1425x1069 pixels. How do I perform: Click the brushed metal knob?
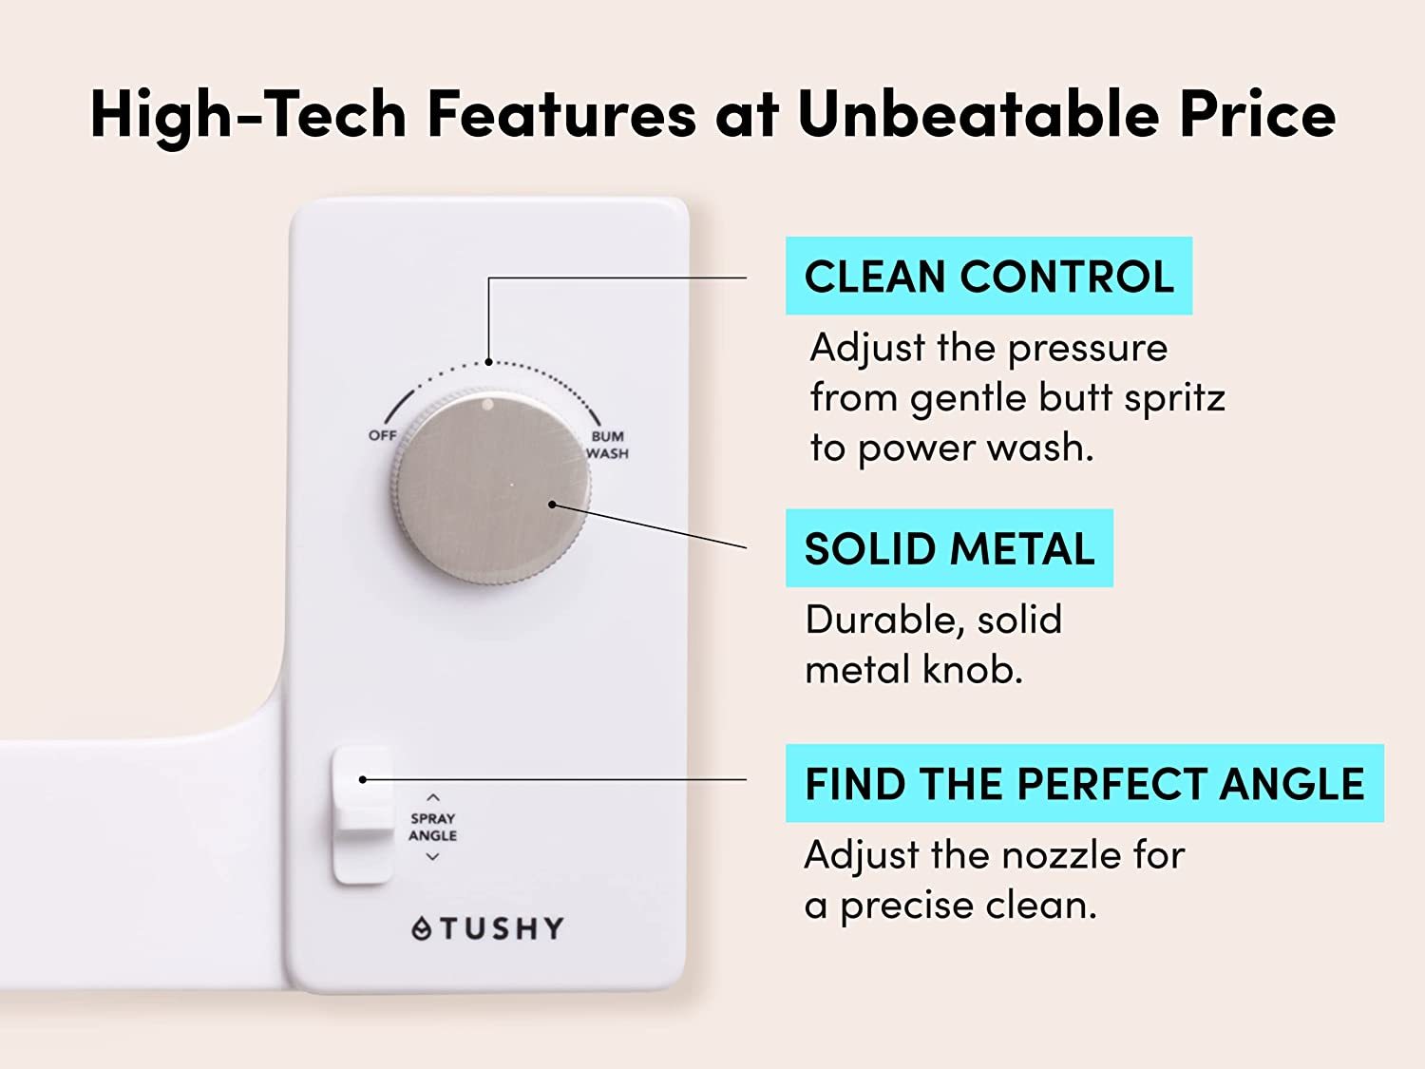(490, 487)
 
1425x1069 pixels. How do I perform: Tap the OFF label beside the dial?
(383, 435)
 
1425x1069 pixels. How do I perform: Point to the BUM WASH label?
(608, 445)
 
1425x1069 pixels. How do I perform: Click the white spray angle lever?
(362, 815)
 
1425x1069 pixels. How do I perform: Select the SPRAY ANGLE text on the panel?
(432, 827)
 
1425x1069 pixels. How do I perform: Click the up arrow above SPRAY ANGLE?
(433, 797)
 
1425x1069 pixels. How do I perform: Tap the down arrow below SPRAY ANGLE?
(432, 857)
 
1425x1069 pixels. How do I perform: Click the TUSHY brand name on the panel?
(503, 928)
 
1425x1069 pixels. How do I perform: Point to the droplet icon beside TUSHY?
(422, 928)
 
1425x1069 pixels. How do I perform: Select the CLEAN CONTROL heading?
(989, 276)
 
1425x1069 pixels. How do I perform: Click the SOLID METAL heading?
(949, 548)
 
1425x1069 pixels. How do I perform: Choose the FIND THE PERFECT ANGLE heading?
(1084, 783)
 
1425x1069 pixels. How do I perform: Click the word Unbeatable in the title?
(978, 115)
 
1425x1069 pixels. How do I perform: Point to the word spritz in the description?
(1174, 399)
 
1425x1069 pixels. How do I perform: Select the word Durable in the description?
(882, 620)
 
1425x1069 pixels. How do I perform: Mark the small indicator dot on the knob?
(487, 405)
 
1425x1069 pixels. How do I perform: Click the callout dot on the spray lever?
(362, 779)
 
